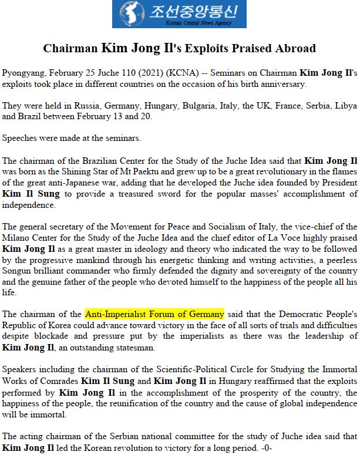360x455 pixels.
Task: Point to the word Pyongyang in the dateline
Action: tap(25, 73)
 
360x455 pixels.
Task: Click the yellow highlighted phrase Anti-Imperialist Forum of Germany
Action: tap(154, 314)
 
